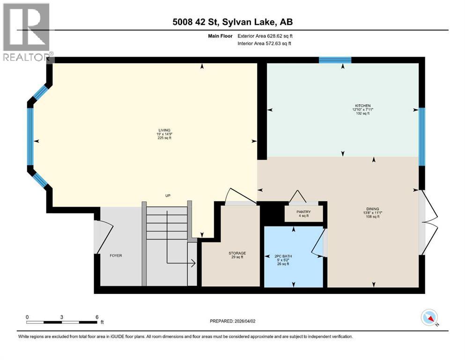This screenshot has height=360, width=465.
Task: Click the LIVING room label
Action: click(164, 130)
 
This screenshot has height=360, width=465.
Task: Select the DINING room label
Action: click(373, 209)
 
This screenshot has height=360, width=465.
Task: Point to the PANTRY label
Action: click(303, 212)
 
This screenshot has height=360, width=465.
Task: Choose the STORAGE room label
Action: click(237, 253)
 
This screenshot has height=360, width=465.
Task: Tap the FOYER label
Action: click(116, 255)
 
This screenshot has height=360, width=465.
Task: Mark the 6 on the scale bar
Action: click(97, 317)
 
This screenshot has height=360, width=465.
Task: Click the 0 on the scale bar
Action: click(27, 317)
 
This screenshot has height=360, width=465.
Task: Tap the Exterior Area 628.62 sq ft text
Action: click(265, 36)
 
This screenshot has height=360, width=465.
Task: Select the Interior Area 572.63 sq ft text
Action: click(265, 44)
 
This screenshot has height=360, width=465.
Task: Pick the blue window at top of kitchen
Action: click(335, 60)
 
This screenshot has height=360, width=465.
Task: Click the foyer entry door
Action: click(104, 237)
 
